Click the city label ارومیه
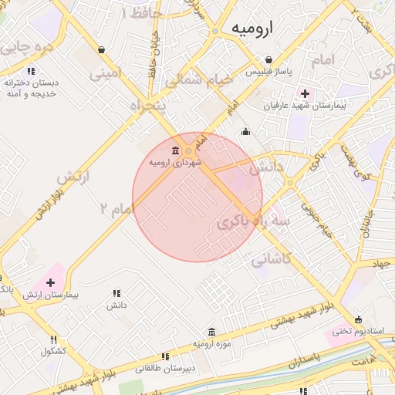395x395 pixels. (252, 29)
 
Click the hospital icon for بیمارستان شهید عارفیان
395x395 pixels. (306, 93)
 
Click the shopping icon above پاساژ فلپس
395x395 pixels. (268, 59)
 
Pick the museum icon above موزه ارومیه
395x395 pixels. (212, 331)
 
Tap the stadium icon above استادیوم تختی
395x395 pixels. (358, 319)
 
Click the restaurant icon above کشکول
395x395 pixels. (53, 339)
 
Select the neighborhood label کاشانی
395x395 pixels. (271, 260)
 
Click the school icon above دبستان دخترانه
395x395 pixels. (31, 71)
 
